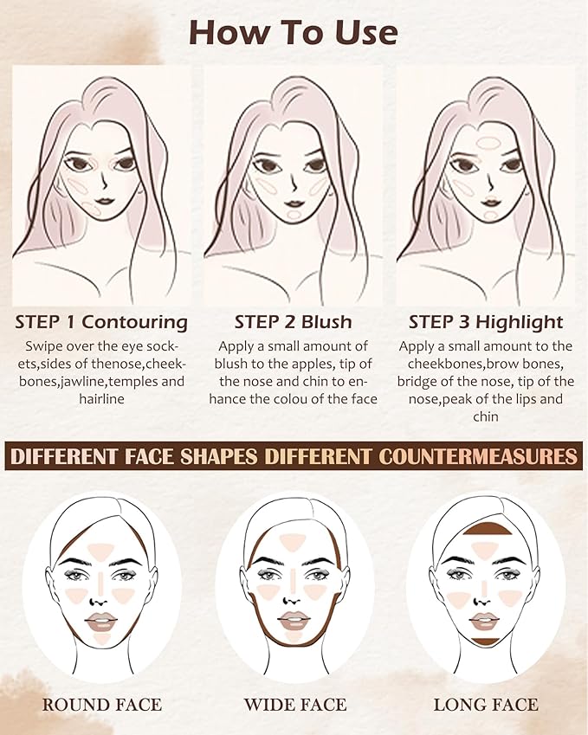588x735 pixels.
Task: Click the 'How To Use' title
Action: pos(293,33)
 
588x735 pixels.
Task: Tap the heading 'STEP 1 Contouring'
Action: pos(101,322)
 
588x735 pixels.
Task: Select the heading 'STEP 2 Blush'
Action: pos(294,322)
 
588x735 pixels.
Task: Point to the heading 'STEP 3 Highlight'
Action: pos(486,322)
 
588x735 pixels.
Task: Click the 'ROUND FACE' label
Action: pos(102,704)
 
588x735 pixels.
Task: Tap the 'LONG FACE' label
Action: pos(486,704)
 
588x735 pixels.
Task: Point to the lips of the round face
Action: pos(101,620)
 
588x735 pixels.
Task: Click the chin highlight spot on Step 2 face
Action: pos(294,211)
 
